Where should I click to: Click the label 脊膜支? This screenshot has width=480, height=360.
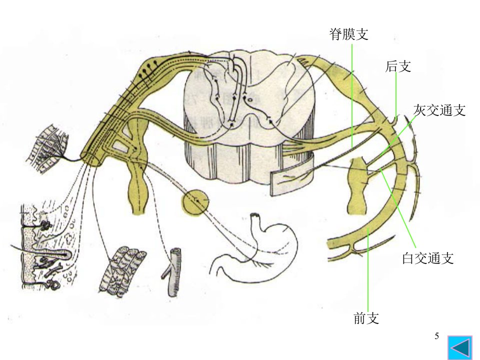tap(348, 34)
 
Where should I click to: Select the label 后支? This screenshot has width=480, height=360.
tap(398, 66)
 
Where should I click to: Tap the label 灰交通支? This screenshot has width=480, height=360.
tap(439, 110)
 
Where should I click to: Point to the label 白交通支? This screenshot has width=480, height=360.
tap(427, 258)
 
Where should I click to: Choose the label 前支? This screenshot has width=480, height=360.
tap(366, 318)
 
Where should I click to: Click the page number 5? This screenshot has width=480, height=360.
tap(437, 336)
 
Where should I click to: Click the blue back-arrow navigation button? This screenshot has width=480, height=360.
tap(460, 347)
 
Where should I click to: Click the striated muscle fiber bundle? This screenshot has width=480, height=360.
tap(122, 271)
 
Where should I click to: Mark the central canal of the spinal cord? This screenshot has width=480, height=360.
tap(250, 99)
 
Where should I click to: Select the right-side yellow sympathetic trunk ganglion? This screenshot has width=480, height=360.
tap(359, 185)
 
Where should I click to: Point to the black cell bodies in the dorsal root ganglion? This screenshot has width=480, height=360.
tap(148, 69)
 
